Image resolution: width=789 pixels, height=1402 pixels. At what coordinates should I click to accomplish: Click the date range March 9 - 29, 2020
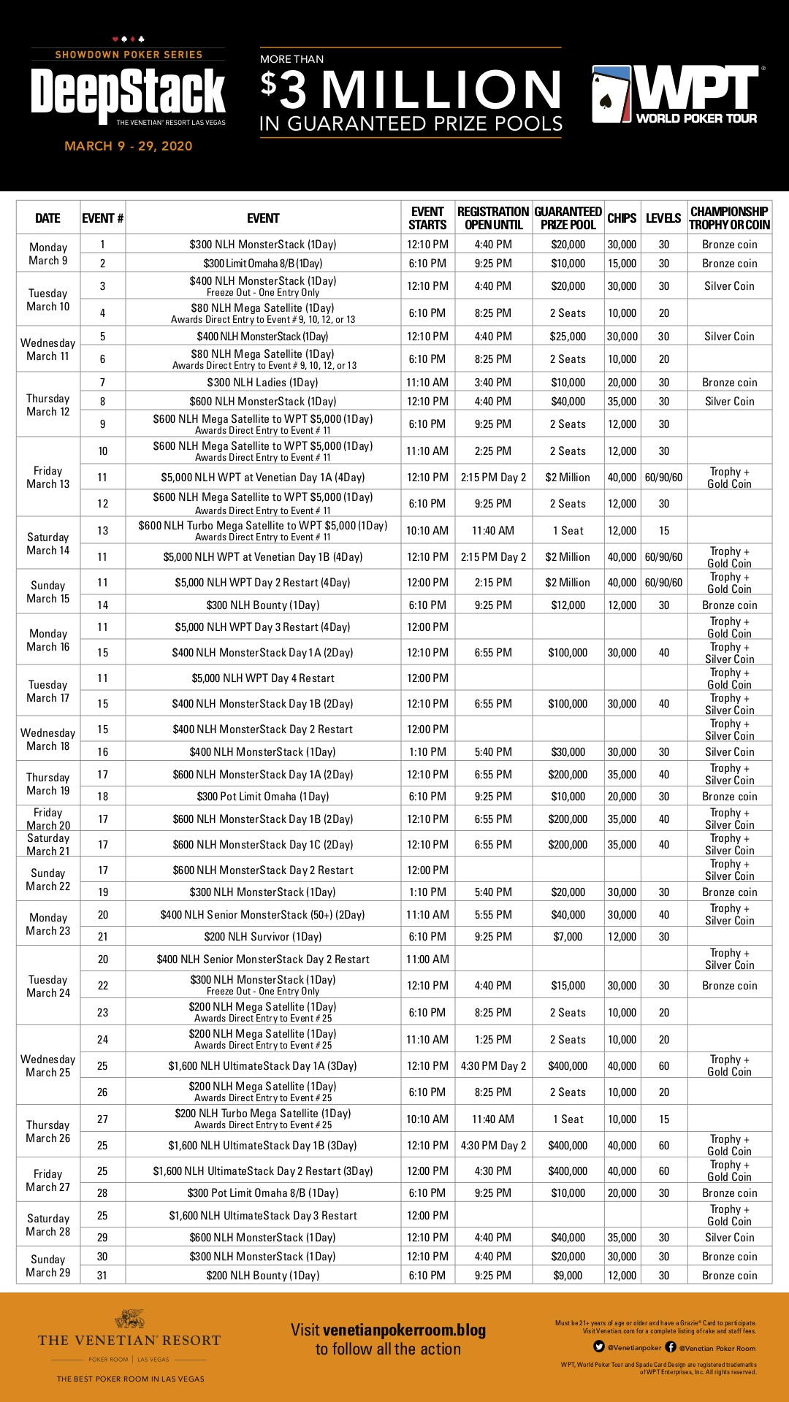129,146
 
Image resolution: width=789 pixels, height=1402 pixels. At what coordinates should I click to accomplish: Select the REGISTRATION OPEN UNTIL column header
493,218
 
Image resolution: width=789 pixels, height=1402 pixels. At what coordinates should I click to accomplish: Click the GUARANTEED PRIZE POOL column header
568,218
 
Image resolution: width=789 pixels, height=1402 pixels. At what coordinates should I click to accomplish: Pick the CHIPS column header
622,218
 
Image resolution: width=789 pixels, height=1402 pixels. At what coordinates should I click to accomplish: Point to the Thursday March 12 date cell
48,405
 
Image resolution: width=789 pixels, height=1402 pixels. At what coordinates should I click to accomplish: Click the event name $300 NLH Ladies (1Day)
263,383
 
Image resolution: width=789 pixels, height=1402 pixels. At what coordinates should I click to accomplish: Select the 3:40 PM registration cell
493,383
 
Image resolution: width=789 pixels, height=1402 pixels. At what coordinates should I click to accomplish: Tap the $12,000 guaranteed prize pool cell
568,605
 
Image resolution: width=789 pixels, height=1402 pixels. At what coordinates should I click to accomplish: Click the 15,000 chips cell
622,264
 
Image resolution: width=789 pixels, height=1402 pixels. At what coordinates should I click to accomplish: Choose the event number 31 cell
102,1276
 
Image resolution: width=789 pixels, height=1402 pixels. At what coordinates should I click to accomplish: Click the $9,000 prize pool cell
568,1276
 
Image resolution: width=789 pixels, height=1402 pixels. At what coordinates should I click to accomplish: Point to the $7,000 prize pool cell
568,937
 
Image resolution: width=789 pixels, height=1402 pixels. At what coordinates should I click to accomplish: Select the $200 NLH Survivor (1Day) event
263,937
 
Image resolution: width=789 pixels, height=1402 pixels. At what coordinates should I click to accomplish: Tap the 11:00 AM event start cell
427,959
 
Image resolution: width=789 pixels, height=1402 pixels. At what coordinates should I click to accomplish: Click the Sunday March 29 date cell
48,1266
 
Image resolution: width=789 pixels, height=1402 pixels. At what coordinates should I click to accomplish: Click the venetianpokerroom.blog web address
404,1330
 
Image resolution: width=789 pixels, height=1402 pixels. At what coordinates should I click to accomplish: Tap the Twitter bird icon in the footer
599,1347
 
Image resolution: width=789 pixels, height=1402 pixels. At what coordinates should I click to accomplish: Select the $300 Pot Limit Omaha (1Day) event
263,797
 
